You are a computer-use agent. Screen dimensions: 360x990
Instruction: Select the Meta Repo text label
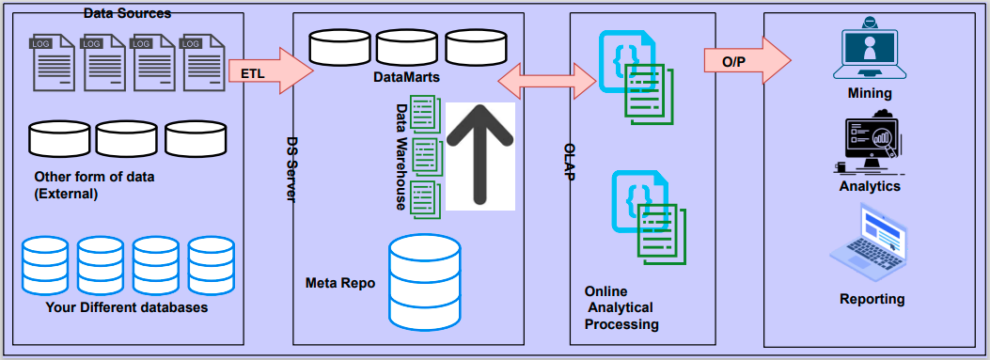tap(340, 282)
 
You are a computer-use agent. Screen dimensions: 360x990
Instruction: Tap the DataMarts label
tap(407, 75)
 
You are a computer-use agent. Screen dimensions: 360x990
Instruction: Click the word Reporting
tap(872, 299)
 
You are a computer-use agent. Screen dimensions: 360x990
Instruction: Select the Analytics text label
tap(870, 186)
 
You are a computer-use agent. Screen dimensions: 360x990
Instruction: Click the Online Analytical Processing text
tap(619, 307)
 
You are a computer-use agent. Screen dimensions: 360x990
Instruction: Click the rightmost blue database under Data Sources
tap(211, 264)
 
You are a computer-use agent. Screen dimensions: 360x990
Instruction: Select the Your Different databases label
tap(126, 307)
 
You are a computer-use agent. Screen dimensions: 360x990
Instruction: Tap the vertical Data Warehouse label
tap(400, 155)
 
